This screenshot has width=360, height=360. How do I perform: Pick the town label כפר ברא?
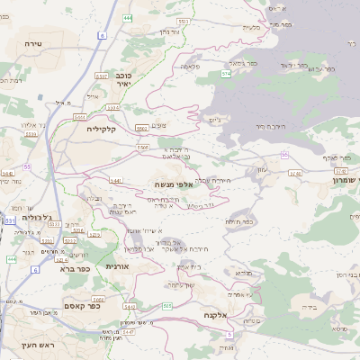tap(74, 268)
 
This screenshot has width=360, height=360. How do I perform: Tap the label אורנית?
tap(118, 266)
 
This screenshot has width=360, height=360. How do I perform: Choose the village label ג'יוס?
tap(213, 120)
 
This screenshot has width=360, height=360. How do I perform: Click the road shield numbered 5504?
tap(80, 117)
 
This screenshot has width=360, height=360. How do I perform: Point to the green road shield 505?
tap(168, 306)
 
